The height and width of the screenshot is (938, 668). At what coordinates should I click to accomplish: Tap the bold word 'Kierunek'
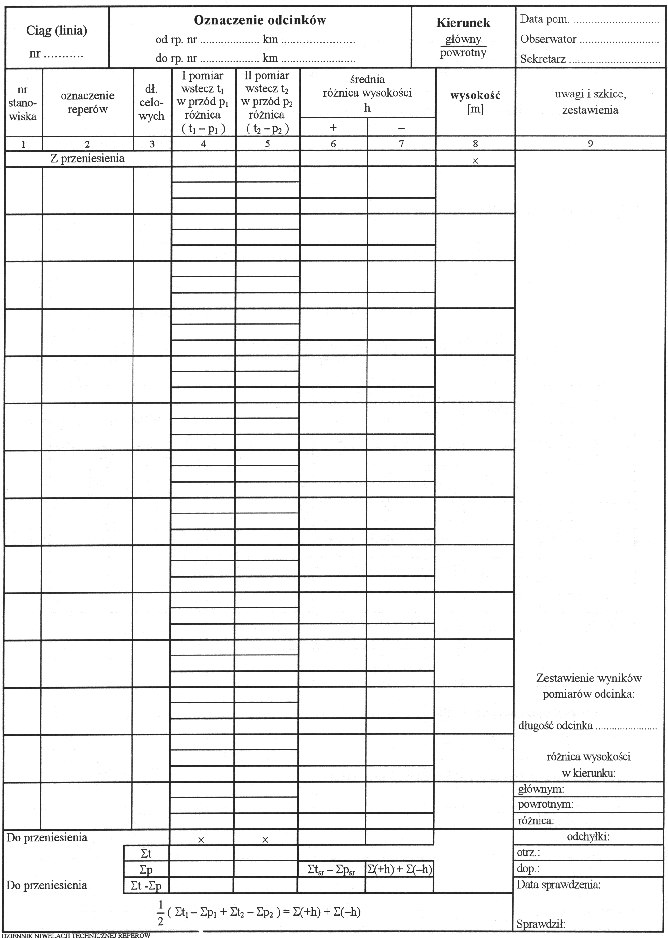click(463, 23)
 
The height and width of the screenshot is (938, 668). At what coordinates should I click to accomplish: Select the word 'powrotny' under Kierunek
click(463, 53)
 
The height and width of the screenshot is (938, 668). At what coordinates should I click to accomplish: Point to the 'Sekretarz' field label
click(543, 59)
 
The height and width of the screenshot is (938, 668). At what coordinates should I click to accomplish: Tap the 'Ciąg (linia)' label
click(57, 31)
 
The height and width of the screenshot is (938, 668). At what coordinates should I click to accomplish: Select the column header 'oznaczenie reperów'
click(88, 102)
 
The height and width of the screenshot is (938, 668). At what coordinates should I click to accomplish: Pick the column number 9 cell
click(590, 144)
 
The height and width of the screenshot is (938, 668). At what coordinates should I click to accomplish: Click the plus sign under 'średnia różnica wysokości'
click(333, 128)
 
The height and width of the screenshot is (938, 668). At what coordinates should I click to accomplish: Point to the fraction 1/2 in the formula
click(160, 912)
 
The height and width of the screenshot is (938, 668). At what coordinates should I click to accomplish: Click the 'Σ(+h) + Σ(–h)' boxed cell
click(399, 869)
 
